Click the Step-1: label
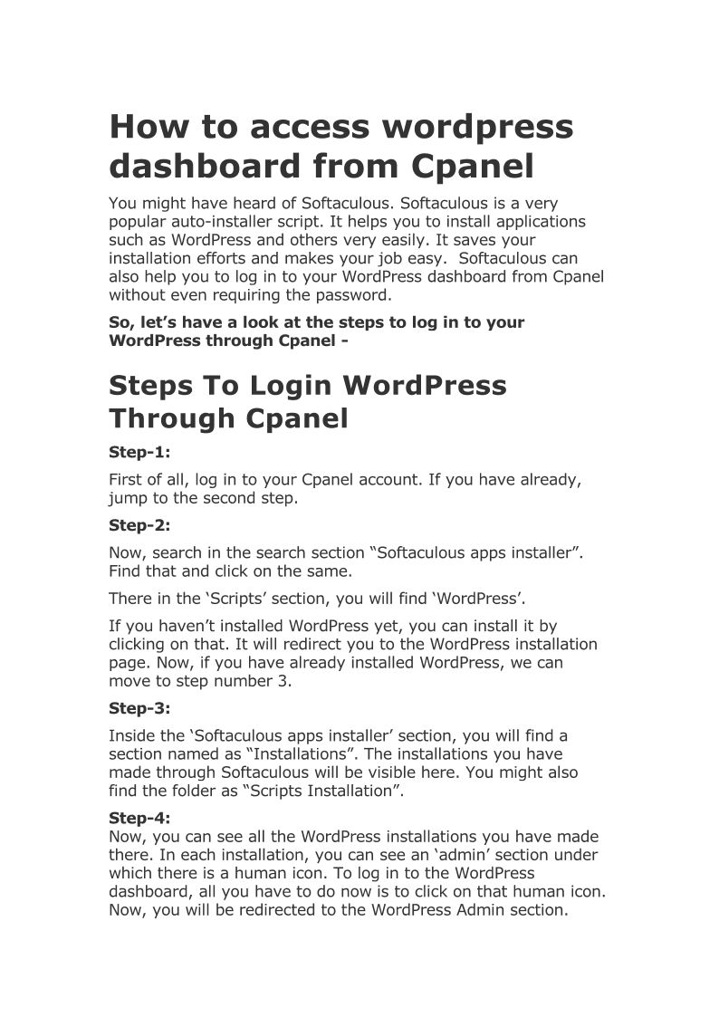[x=139, y=451]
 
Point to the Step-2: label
[x=139, y=524]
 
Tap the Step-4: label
[x=139, y=818]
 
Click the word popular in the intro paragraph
[x=140, y=222]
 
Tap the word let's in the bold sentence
[x=157, y=322]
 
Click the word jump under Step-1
[x=129, y=498]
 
